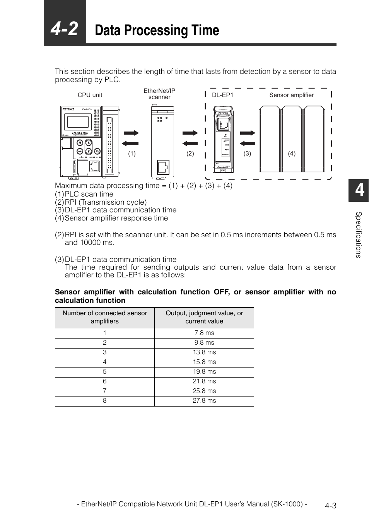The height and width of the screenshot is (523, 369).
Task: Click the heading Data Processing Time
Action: (157, 31)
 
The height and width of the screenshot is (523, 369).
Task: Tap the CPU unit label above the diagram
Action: (90, 95)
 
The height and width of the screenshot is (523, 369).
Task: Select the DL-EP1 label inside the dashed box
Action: (222, 95)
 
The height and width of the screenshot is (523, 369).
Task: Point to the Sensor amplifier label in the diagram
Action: (291, 95)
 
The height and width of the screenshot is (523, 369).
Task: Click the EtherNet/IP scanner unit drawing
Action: (162, 142)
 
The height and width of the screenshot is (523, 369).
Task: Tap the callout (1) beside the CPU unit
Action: (132, 154)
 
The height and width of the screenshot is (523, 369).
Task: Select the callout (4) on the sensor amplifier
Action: (292, 154)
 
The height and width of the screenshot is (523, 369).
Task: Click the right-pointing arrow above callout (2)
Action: (190, 133)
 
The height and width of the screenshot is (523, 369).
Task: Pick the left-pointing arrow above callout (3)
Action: (248, 143)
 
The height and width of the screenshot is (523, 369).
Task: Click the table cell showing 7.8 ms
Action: (204, 333)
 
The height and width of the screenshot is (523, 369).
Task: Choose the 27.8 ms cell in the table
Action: (204, 401)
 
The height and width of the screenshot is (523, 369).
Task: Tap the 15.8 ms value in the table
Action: (204, 362)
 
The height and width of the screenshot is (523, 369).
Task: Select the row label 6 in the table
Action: (104, 381)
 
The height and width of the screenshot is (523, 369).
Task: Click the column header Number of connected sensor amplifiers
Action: (104, 317)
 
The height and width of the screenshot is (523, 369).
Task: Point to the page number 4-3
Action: (331, 506)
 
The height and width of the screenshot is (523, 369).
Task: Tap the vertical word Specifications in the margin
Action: (359, 235)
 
